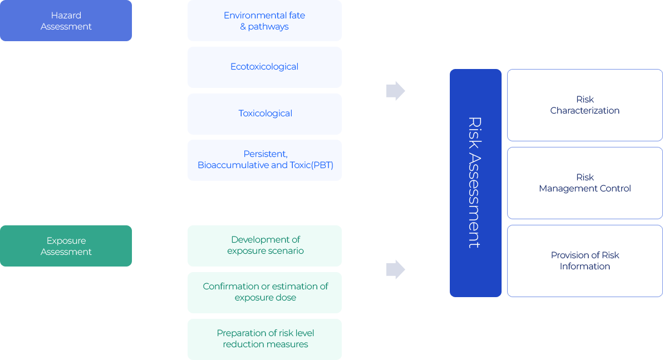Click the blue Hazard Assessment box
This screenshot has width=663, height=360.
66,21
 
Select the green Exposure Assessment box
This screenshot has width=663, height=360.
66,246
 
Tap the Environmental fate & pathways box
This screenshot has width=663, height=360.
264,21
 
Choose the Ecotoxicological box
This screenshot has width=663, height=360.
264,67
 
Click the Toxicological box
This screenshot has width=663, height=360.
264,114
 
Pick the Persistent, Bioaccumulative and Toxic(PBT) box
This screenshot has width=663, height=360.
264,160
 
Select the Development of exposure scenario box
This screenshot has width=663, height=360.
264,245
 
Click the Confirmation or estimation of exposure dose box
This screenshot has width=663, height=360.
264,292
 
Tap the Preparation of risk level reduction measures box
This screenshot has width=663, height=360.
264,339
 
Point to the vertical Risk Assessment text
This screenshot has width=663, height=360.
474,183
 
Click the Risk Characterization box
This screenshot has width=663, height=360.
585,105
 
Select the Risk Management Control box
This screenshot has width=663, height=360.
585,183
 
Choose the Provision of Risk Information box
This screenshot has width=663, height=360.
585,261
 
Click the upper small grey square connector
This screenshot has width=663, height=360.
395,91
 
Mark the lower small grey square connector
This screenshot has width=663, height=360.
395,269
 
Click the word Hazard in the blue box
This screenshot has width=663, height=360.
66,15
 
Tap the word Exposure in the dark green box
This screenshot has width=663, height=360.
66,240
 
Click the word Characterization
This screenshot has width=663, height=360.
585,111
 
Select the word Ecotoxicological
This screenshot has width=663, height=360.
264,67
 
